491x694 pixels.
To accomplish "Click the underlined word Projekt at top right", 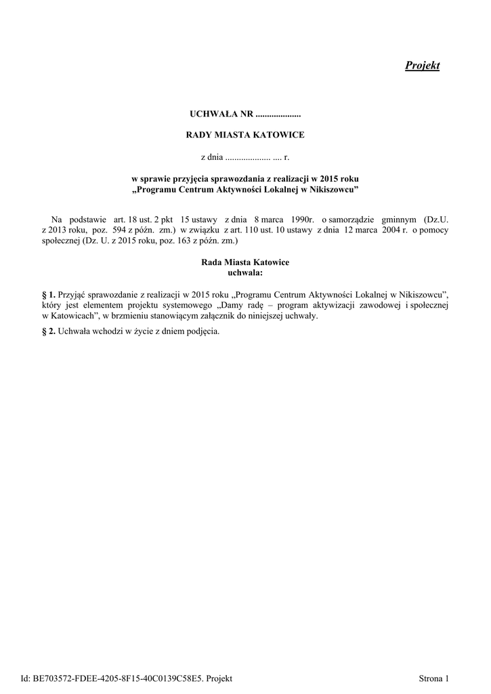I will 422,66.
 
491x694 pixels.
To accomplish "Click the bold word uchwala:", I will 245,272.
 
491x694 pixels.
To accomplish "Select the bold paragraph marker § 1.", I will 48,295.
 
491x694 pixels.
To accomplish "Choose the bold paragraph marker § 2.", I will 48,331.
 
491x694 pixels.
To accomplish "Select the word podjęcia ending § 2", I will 204,331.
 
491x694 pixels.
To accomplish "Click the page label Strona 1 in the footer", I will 433,678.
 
